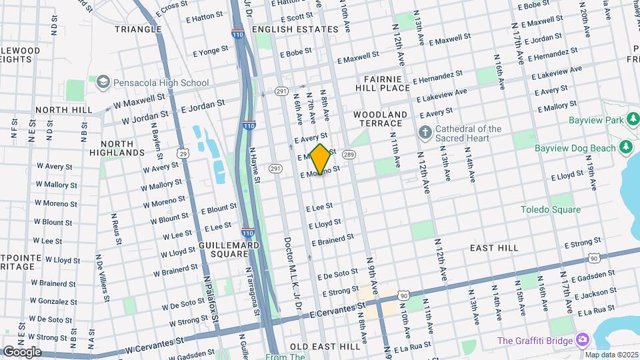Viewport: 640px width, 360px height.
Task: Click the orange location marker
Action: [x=321, y=159]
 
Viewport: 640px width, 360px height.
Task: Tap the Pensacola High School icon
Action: [x=102, y=83]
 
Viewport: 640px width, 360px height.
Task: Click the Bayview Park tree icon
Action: [x=633, y=120]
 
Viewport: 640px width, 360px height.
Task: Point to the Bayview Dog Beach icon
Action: [x=625, y=146]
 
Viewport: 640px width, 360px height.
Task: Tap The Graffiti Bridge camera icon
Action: [x=583, y=341]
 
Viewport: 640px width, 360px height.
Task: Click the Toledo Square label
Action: [x=550, y=209]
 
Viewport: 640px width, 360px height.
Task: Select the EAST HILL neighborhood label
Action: [x=493, y=247]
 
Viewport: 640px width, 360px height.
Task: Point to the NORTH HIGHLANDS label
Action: [x=122, y=147]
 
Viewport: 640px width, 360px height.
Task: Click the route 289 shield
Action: [x=348, y=155]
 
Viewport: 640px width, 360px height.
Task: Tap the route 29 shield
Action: [x=183, y=153]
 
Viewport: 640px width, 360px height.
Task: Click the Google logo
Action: [x=21, y=351]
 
